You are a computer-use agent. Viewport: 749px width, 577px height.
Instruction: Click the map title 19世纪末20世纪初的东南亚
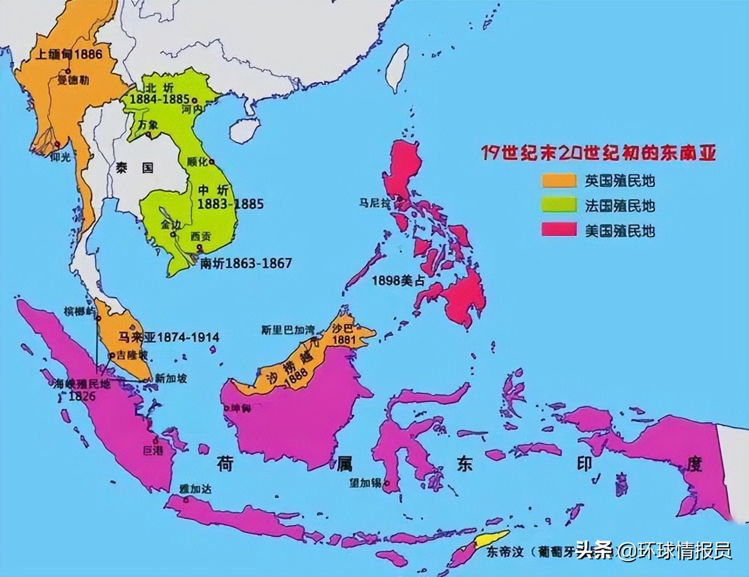pyautogui.click(x=599, y=153)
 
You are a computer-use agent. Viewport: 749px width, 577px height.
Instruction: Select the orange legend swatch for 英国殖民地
pyautogui.click(x=561, y=181)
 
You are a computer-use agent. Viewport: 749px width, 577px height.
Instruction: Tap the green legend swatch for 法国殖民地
pyautogui.click(x=561, y=205)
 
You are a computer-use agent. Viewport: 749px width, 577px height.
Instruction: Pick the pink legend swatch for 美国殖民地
pyautogui.click(x=561, y=230)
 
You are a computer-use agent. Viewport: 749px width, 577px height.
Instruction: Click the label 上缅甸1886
pyautogui.click(x=69, y=54)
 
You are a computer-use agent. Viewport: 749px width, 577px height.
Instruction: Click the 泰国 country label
pyautogui.click(x=126, y=167)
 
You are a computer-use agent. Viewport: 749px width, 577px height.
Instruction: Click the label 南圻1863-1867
pyautogui.click(x=246, y=263)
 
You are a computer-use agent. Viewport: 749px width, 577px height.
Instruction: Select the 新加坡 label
pyautogui.click(x=171, y=379)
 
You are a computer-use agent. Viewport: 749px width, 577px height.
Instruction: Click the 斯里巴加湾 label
pyautogui.click(x=287, y=329)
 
